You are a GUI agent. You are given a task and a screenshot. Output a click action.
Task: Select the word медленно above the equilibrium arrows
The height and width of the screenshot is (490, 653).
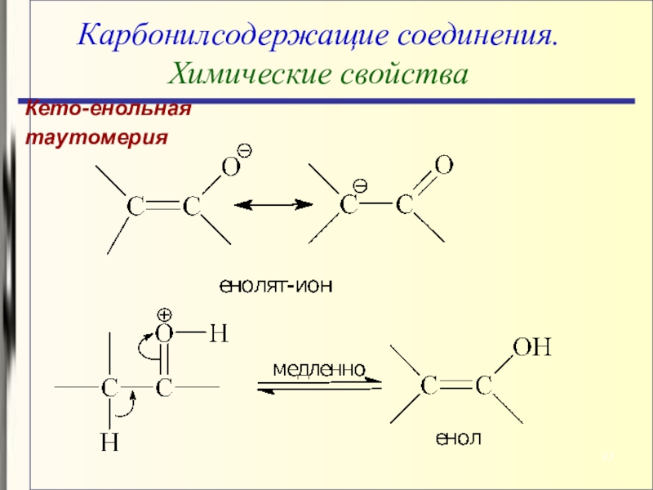coord(318,369)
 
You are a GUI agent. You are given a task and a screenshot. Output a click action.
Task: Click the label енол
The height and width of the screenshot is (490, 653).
coord(458,439)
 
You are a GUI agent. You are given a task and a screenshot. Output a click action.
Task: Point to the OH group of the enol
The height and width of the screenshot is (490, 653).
coord(531,349)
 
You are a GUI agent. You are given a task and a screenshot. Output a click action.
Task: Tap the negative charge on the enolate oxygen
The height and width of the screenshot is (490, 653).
coord(244,150)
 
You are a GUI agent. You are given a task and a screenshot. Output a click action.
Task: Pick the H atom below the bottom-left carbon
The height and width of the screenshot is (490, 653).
coord(109,442)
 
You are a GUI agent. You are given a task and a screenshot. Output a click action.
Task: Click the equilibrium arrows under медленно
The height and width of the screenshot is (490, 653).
coord(318,385)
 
